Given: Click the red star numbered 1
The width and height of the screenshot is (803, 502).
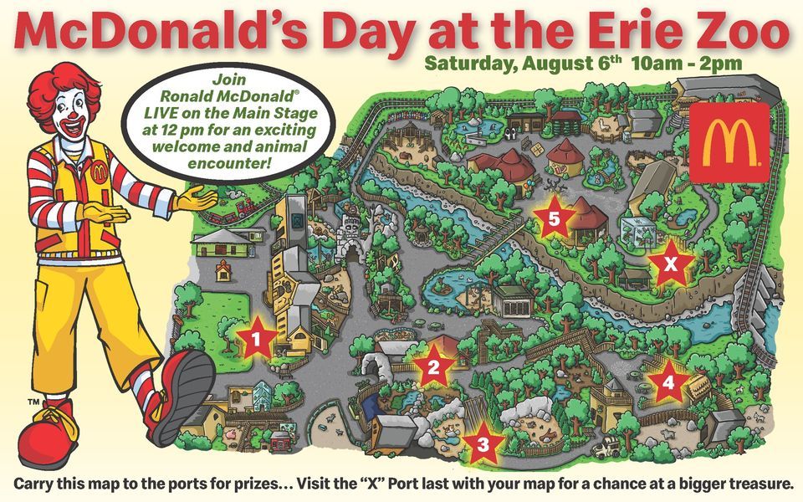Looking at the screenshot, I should pyautogui.click(x=258, y=339).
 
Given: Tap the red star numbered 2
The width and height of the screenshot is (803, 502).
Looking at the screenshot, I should pyautogui.click(x=433, y=366).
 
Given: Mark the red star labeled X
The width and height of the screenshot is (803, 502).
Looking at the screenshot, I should pyautogui.click(x=668, y=264).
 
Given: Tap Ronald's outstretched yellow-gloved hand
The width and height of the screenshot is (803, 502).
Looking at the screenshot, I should pyautogui.click(x=197, y=199).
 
